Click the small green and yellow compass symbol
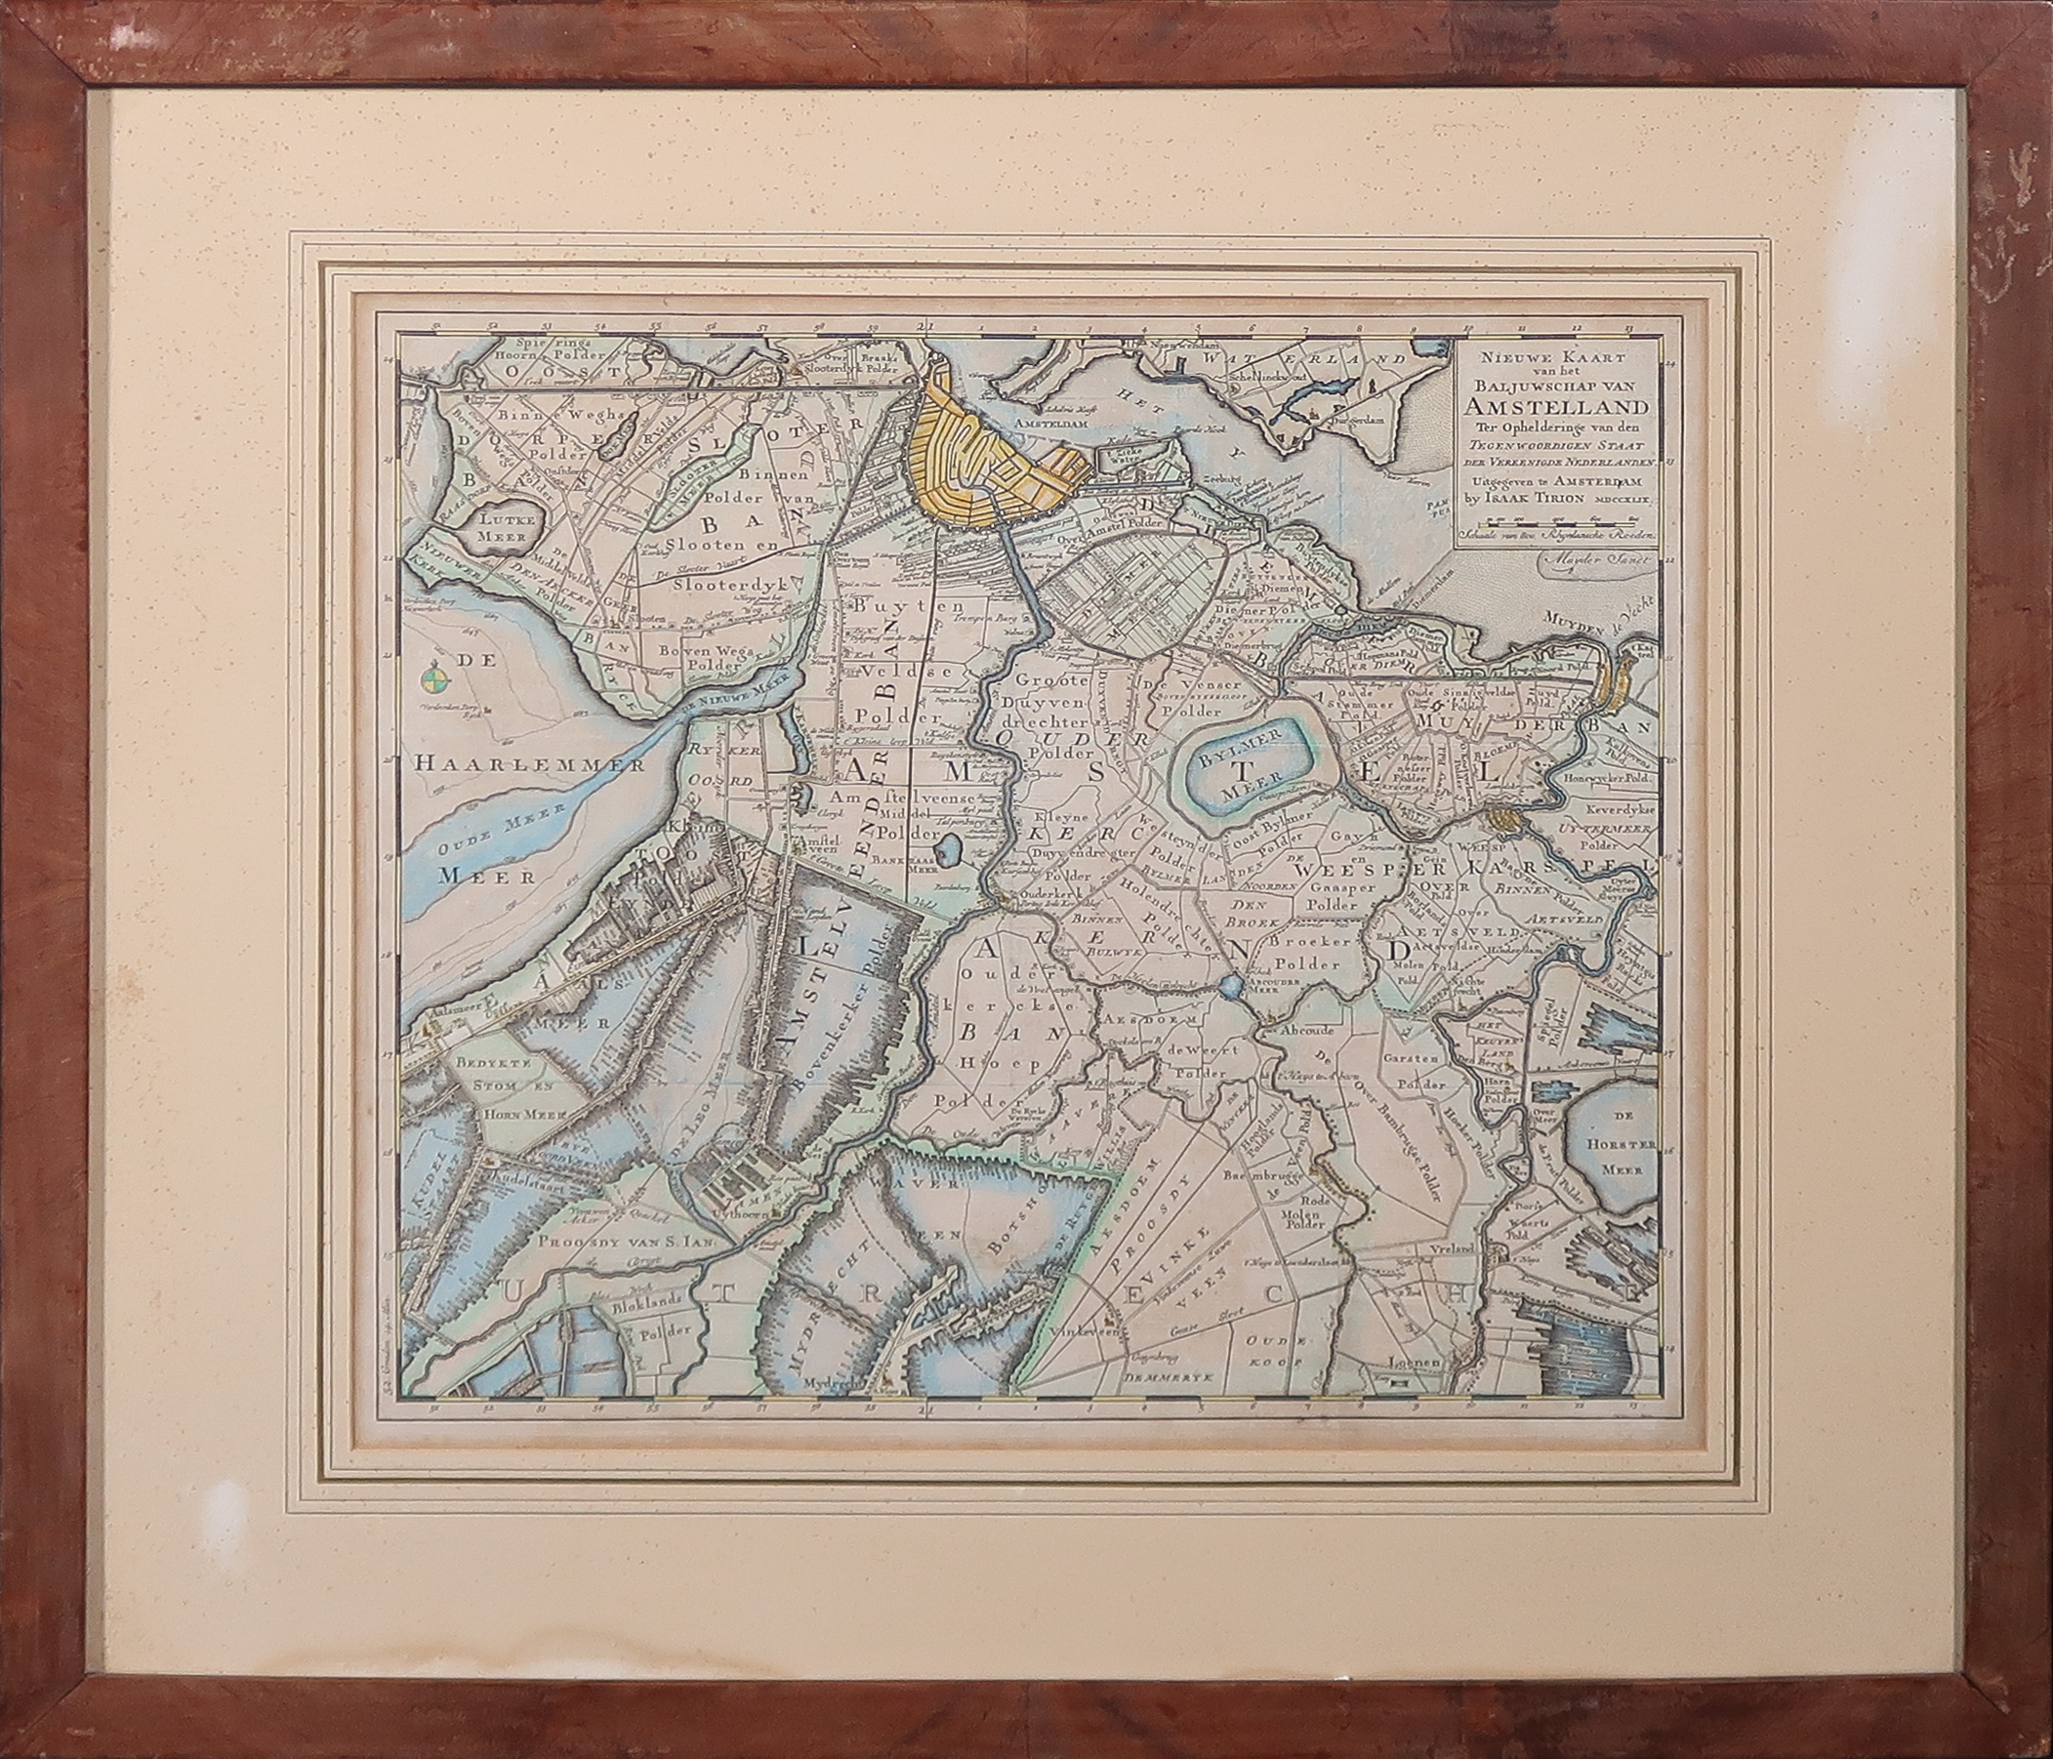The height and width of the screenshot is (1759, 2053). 431,679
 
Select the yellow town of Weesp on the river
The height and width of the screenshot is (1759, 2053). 1503,819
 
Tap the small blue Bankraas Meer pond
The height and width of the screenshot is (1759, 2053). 949,850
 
